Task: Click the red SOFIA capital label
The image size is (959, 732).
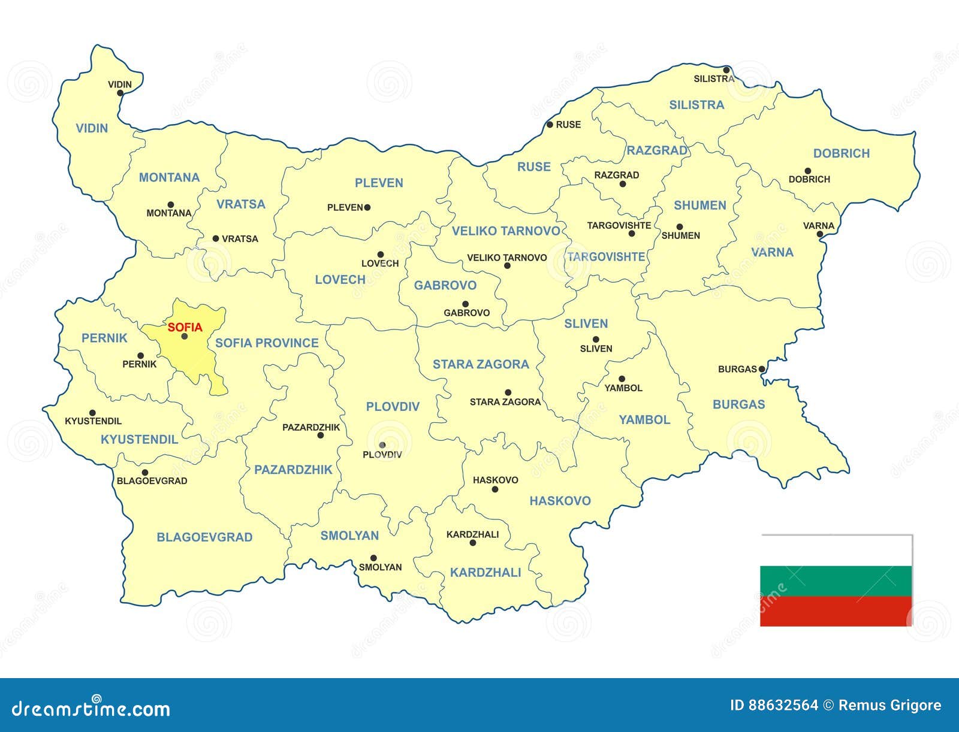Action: pos(185,328)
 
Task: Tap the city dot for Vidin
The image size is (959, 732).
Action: pos(120,93)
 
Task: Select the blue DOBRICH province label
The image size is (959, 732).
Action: pos(841,153)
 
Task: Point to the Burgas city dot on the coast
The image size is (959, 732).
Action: pos(762,369)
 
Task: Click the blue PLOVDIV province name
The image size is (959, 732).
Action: pos(393,407)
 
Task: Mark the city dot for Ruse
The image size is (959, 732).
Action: pos(550,125)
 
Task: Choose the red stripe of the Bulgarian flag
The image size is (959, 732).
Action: pos(836,611)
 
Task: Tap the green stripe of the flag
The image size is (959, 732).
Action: pos(836,580)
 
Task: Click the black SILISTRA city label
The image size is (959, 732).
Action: pos(713,78)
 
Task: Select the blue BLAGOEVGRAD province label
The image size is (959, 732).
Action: pos(204,537)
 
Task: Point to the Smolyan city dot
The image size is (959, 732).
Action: pos(373,558)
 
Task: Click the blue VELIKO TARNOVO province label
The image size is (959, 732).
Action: pos(506,231)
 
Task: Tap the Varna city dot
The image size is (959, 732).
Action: pos(819,234)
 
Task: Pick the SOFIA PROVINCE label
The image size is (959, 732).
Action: pos(267,343)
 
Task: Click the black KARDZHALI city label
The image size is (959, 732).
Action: pos(472,534)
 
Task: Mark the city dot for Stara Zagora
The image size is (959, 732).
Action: pos(508,393)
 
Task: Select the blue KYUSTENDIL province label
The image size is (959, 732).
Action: pos(139,440)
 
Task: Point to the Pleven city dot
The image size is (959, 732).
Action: pos(367,207)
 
